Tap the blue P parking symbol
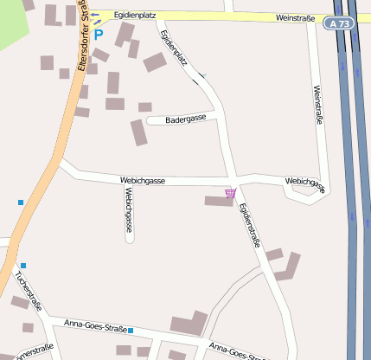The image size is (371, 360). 98,35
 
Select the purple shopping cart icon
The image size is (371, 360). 230,194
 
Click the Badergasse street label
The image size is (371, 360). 185,119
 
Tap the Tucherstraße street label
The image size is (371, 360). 28,290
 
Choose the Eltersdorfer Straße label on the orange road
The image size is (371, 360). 80,39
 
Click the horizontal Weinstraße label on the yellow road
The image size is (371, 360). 295,16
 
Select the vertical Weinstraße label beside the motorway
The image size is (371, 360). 317,105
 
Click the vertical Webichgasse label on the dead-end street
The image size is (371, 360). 128,209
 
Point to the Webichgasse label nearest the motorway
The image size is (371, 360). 304,183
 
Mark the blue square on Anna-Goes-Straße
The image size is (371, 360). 131,331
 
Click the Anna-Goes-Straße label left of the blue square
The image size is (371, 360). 95,325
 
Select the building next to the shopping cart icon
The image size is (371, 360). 216,201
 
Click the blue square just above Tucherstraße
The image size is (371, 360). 23,265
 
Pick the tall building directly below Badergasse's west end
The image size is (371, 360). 138,132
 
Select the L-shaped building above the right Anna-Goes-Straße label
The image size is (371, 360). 189,325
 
